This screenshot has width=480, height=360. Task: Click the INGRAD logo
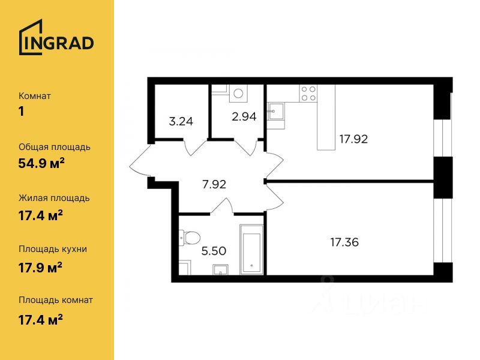56,37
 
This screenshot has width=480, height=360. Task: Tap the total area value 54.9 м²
41,163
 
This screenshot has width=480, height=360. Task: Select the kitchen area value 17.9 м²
40,268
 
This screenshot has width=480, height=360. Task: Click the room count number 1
21,112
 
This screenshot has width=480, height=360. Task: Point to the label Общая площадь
55,147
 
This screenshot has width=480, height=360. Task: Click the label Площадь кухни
53,249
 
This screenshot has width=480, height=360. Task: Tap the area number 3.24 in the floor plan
181,122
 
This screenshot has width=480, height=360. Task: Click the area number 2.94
244,116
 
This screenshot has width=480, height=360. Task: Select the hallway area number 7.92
214,184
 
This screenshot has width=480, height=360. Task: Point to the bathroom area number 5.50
214,251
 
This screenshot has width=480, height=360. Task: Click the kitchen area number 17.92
353,139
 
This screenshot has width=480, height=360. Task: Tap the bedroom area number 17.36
344,242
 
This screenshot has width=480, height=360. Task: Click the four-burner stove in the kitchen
308,94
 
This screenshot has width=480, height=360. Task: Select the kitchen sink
276,111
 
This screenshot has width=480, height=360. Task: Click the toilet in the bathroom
190,238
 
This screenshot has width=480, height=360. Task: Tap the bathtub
251,250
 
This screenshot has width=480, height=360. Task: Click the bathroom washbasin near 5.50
220,270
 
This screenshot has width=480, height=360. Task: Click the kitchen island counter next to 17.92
326,118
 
